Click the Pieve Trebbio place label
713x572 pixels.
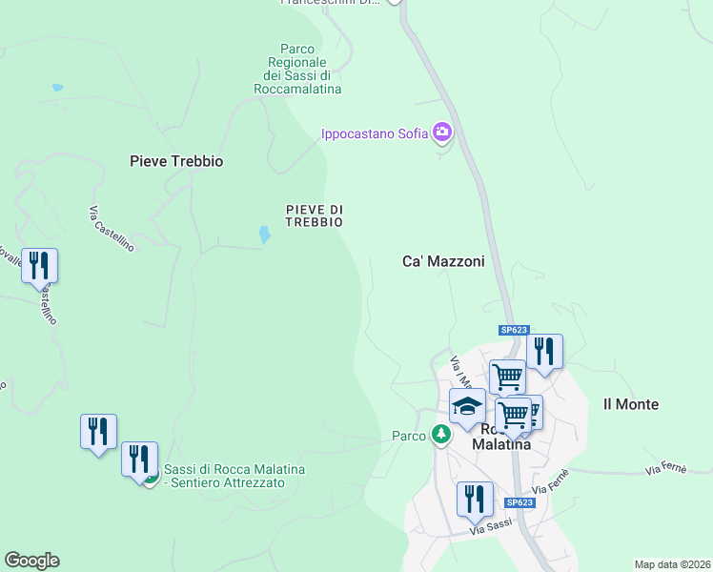(x=176, y=161)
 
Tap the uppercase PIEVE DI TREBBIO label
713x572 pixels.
(x=314, y=215)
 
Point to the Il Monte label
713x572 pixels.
(x=631, y=404)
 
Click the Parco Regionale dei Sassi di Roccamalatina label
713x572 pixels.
(x=297, y=69)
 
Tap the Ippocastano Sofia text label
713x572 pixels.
(x=373, y=133)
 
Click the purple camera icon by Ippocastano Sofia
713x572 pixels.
(x=442, y=133)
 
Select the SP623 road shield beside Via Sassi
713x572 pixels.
(x=519, y=502)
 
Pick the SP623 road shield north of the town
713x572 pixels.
(x=514, y=330)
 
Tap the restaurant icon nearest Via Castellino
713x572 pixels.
(x=39, y=264)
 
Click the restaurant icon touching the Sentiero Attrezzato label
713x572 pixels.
(x=139, y=460)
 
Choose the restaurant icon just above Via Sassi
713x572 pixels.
(x=474, y=499)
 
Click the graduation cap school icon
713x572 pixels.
(x=467, y=407)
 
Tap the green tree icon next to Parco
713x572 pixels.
(x=440, y=436)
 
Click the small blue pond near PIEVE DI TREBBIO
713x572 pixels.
(x=264, y=234)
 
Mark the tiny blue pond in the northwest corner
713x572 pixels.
(x=57, y=88)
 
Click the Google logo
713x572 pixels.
(x=31, y=561)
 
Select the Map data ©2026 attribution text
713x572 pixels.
(x=671, y=564)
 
